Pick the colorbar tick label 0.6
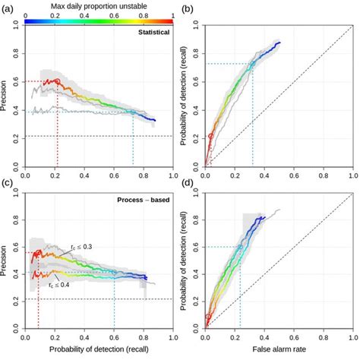109,14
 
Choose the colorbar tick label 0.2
55,14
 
